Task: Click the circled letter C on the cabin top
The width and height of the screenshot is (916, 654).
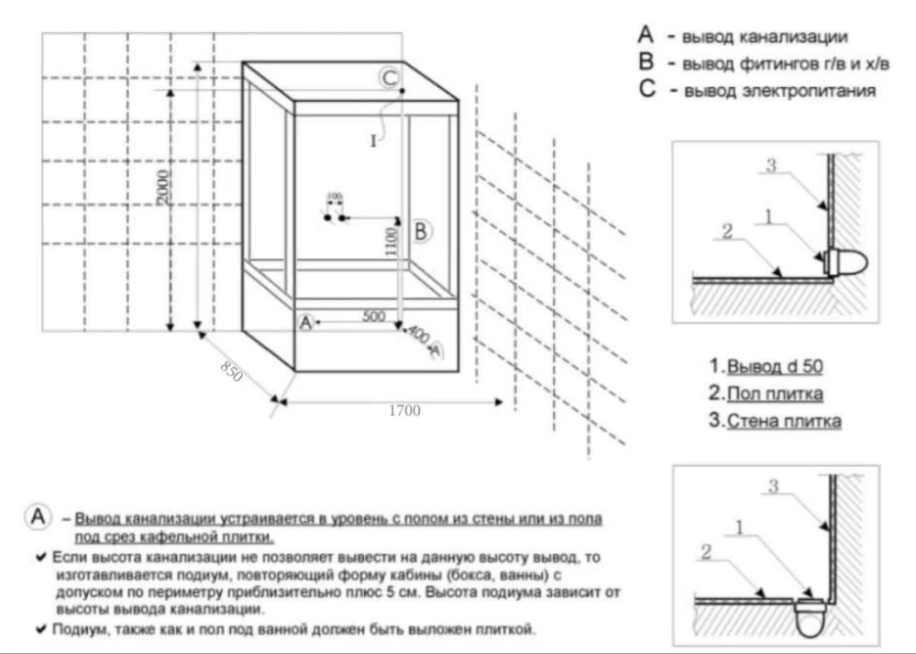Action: tap(390, 78)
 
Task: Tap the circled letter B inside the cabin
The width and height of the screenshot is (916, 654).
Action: tap(420, 231)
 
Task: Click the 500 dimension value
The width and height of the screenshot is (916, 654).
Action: tap(373, 316)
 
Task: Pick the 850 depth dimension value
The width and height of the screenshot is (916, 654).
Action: tap(231, 371)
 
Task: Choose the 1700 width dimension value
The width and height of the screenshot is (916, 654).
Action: tap(404, 411)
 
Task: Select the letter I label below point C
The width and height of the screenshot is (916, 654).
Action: tap(373, 141)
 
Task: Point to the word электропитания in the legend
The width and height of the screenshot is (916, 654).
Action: tap(815, 92)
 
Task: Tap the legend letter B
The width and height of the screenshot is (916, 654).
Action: tap(646, 64)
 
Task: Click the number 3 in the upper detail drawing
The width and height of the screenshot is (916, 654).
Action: tap(772, 166)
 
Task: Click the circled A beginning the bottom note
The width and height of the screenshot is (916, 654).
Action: tap(39, 517)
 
